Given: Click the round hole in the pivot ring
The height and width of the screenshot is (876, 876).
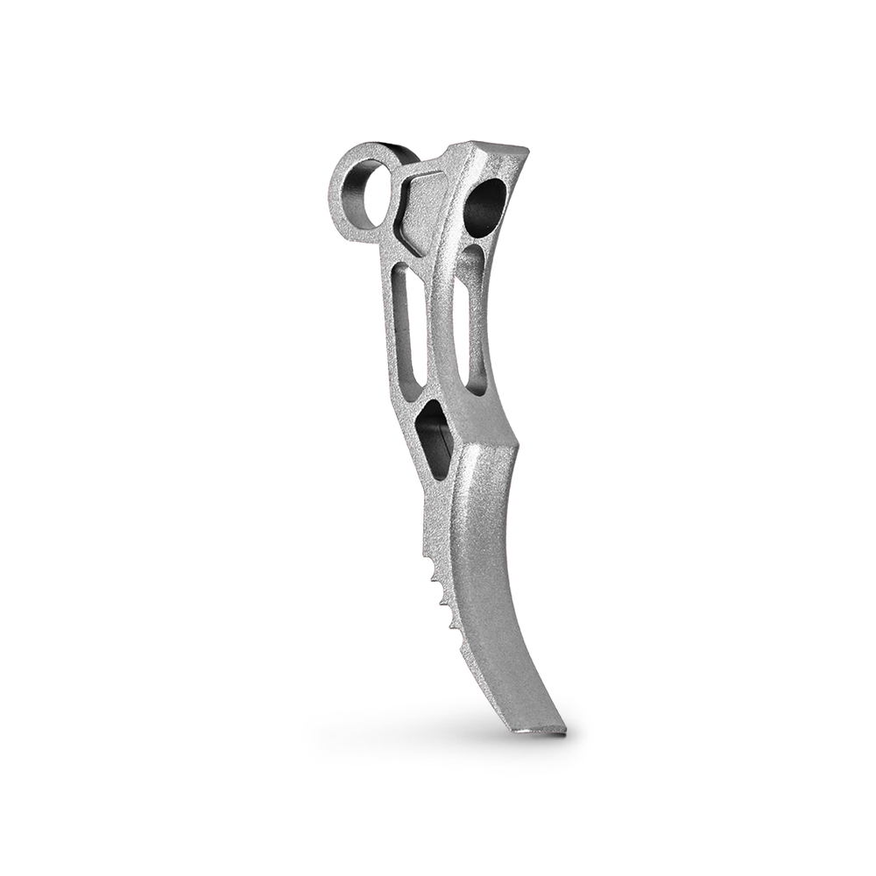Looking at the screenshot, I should (x=361, y=194).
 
